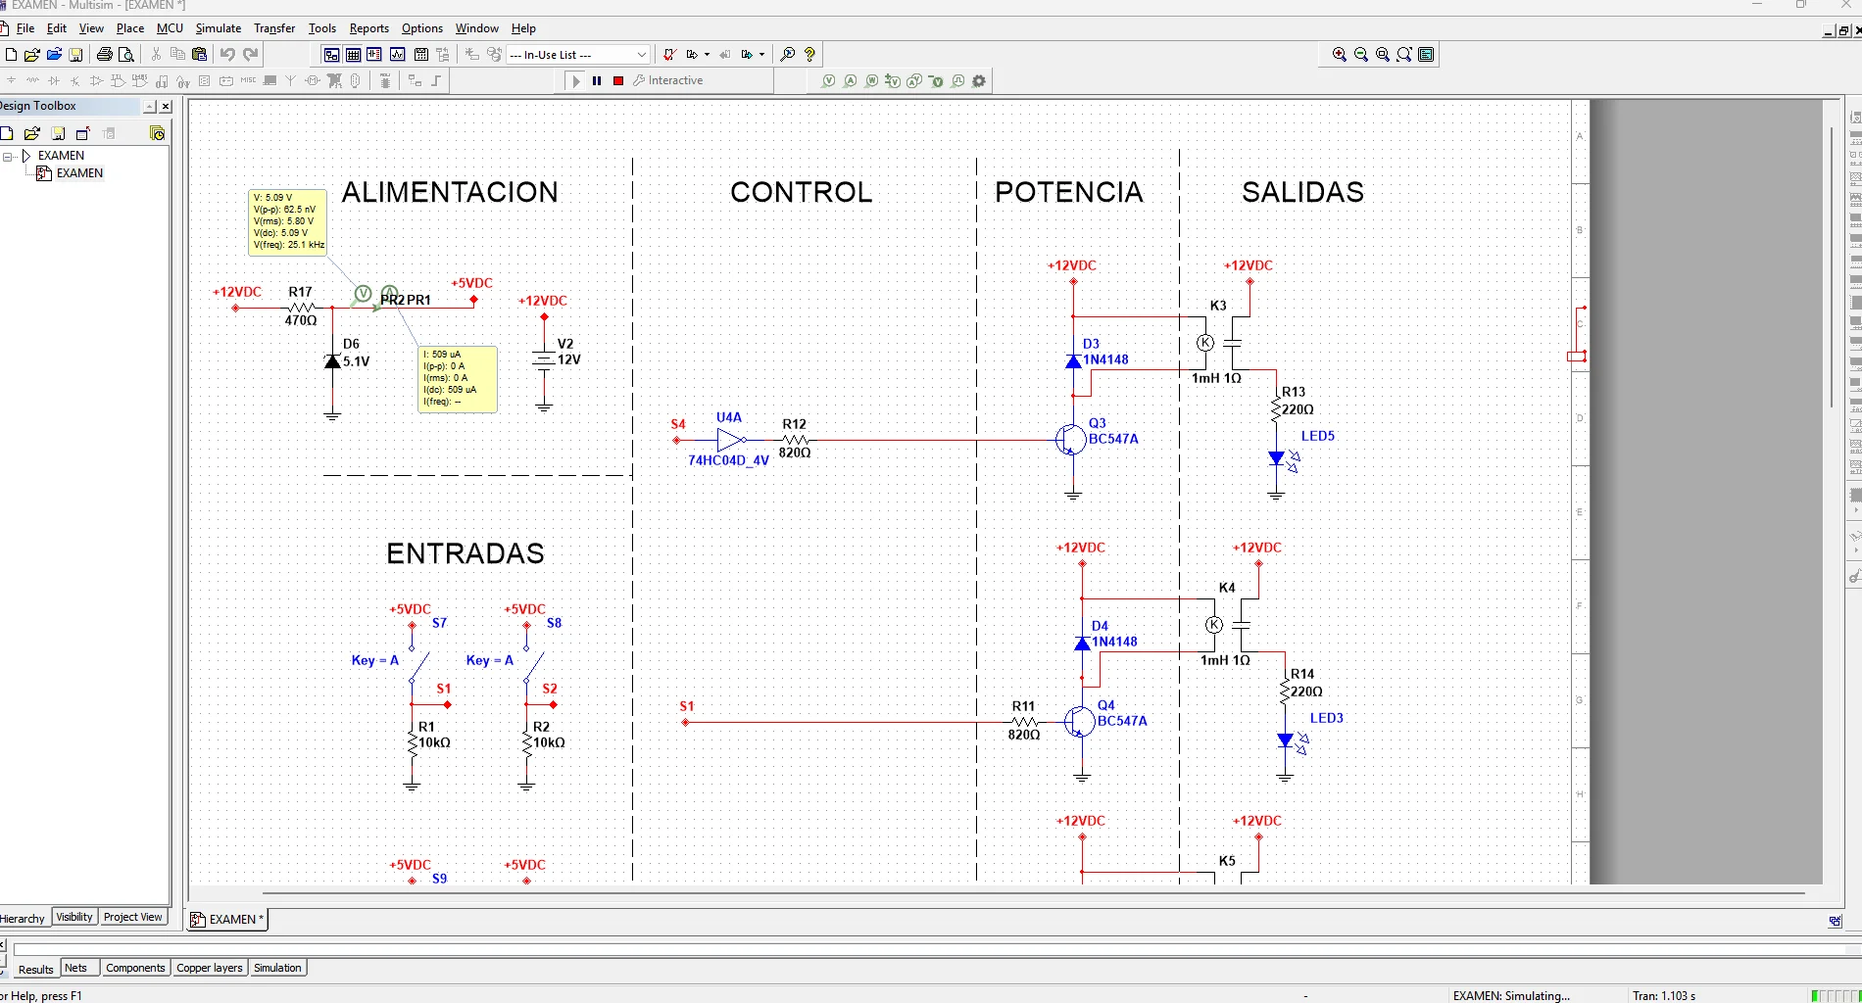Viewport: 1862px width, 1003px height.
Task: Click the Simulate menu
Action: click(218, 28)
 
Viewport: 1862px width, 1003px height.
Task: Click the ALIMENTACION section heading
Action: click(450, 192)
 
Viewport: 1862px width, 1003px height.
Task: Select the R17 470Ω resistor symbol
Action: click(300, 308)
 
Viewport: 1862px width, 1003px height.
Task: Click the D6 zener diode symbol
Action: click(332, 361)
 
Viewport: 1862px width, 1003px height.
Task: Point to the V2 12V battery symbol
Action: click(544, 359)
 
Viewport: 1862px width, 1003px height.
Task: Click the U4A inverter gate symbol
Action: click(730, 440)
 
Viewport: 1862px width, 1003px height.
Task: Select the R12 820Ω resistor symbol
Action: click(795, 440)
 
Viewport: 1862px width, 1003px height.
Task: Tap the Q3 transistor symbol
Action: click(1070, 440)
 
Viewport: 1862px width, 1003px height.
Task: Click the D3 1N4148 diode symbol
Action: click(1073, 360)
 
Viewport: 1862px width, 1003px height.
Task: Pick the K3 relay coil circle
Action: click(1205, 343)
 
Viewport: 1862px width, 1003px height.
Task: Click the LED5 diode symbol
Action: click(1276, 457)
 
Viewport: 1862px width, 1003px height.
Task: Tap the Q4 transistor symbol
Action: click(1079, 722)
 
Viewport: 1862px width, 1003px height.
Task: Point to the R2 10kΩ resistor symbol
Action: click(526, 743)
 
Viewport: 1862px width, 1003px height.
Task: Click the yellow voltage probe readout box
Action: click(287, 222)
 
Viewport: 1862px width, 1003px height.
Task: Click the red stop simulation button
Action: click(618, 81)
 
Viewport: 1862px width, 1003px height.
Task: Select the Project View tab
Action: click(132, 917)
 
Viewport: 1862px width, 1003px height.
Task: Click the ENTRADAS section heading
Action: click(465, 553)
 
